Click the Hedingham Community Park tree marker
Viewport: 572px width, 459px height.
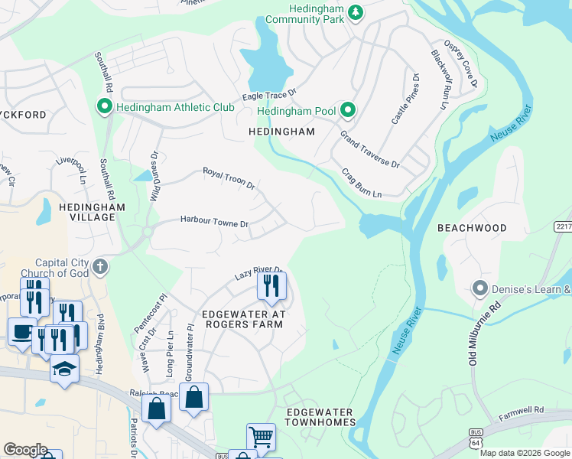click(355, 11)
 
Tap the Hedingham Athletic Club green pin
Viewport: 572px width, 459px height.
click(103, 107)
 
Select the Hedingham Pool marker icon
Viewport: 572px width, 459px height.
click(347, 111)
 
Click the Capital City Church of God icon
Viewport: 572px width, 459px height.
click(99, 267)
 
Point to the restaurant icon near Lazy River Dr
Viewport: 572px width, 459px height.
click(271, 286)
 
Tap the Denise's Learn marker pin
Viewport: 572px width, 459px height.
click(479, 289)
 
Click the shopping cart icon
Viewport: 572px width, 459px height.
click(261, 437)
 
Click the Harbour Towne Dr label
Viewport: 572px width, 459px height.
click(214, 222)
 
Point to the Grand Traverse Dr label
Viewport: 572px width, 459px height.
click(370, 149)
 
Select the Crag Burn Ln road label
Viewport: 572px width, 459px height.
click(361, 184)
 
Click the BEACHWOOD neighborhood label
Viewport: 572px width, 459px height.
click(472, 228)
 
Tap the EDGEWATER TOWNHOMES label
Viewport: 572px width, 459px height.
click(320, 417)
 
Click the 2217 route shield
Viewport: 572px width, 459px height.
click(562, 226)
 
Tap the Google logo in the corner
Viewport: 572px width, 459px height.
click(25, 449)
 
